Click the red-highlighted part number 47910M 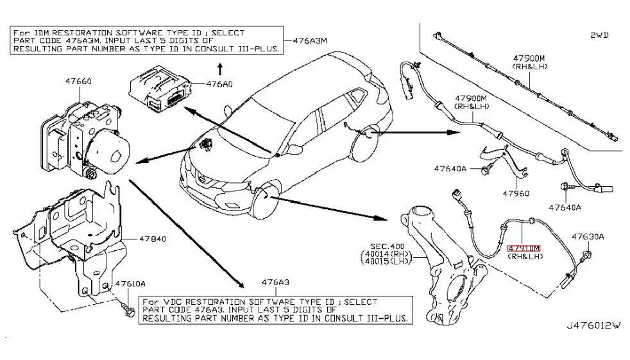524,247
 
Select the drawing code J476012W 593,326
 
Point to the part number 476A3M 310,40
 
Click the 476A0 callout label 221,83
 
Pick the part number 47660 78,81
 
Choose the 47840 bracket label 153,239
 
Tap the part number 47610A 130,284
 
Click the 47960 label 515,192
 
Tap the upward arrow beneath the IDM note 219,67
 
